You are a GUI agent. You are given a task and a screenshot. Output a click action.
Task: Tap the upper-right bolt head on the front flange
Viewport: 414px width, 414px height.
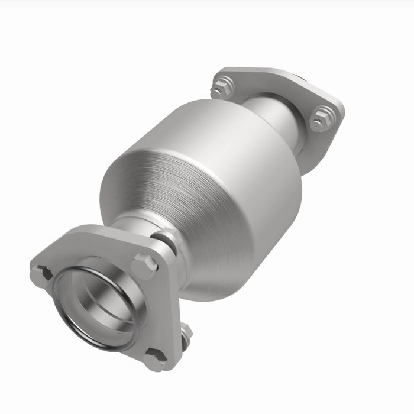click(x=144, y=266)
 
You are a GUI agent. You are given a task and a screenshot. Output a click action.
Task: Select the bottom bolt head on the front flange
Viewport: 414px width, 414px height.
click(x=155, y=358)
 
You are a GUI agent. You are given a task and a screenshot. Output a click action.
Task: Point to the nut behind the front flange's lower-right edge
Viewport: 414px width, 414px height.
click(x=186, y=334)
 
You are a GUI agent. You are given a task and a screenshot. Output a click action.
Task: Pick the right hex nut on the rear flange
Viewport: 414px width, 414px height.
click(x=321, y=118)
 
